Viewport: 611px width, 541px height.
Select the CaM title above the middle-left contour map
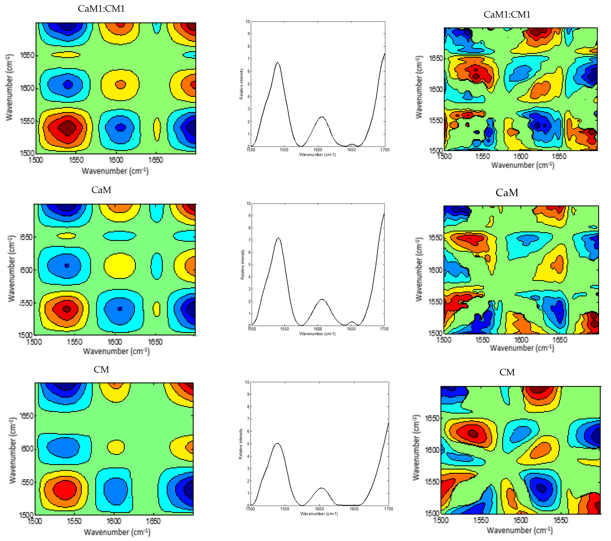coord(101,190)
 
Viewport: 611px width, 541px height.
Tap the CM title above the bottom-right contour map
coord(507,372)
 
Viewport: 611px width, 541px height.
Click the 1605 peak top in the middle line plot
coord(322,299)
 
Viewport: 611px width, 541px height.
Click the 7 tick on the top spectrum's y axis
coord(248,59)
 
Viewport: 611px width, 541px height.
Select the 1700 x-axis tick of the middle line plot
coord(384,329)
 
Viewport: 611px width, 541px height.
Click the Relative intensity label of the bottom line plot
coord(241,444)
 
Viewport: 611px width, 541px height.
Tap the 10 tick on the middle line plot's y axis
coord(248,204)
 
